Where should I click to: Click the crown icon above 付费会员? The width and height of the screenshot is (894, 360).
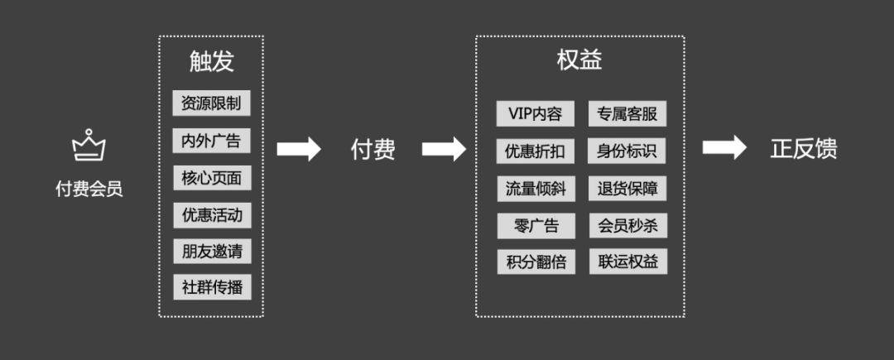click(x=89, y=146)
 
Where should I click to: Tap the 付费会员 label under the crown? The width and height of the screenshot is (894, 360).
click(x=89, y=190)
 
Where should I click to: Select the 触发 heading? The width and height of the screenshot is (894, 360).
click(x=211, y=62)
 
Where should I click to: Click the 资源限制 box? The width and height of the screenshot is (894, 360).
click(x=211, y=103)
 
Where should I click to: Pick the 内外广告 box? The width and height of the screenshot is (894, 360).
click(x=211, y=141)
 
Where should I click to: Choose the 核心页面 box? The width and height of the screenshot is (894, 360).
click(x=211, y=178)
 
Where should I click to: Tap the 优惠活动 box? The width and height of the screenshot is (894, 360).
click(x=211, y=215)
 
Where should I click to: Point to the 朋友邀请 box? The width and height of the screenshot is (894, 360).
click(x=211, y=251)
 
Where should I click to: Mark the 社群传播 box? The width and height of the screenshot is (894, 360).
click(x=211, y=287)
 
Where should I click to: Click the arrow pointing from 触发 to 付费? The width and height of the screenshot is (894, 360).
click(x=298, y=149)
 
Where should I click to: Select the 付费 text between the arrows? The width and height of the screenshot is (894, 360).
click(x=372, y=149)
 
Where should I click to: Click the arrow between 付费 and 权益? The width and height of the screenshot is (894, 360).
click(x=444, y=149)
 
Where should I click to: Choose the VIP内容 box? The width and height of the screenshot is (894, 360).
click(x=535, y=114)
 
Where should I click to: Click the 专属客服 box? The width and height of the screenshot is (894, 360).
click(x=627, y=114)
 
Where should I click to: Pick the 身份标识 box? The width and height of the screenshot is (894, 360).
click(x=627, y=151)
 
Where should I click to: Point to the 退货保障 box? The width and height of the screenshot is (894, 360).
click(x=627, y=189)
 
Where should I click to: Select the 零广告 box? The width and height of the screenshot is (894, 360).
click(x=535, y=225)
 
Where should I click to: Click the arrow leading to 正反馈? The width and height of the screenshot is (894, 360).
click(x=724, y=148)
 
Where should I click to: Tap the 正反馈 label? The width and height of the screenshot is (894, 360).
click(x=804, y=149)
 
